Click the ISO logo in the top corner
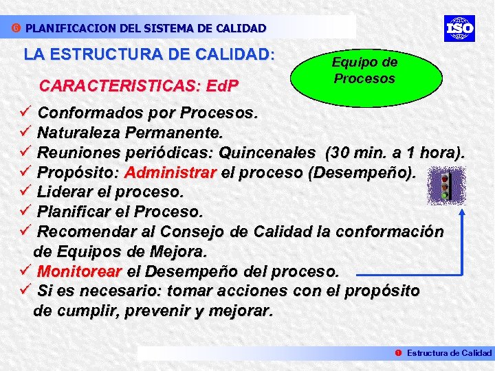(459, 28)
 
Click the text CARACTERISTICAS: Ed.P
(140, 87)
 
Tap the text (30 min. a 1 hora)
(395, 152)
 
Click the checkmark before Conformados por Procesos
(26, 112)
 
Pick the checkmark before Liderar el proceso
(26, 191)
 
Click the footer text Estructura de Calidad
(449, 352)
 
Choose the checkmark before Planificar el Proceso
(26, 211)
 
